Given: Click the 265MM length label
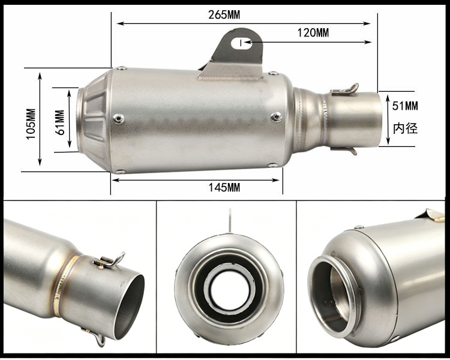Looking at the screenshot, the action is (x=224, y=14).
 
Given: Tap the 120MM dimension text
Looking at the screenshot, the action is (x=313, y=33).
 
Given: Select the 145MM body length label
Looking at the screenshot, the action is (x=224, y=188).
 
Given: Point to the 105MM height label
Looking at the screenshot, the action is (x=31, y=124).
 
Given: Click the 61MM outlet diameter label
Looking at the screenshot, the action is (x=60, y=122).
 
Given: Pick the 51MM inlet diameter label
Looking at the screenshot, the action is (x=405, y=106).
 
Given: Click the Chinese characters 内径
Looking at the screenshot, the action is (x=405, y=128).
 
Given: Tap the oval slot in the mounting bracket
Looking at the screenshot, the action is (x=241, y=43).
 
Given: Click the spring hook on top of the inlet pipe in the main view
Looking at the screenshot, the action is (x=345, y=89).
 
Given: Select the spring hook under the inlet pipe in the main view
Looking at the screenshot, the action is (x=344, y=150).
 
